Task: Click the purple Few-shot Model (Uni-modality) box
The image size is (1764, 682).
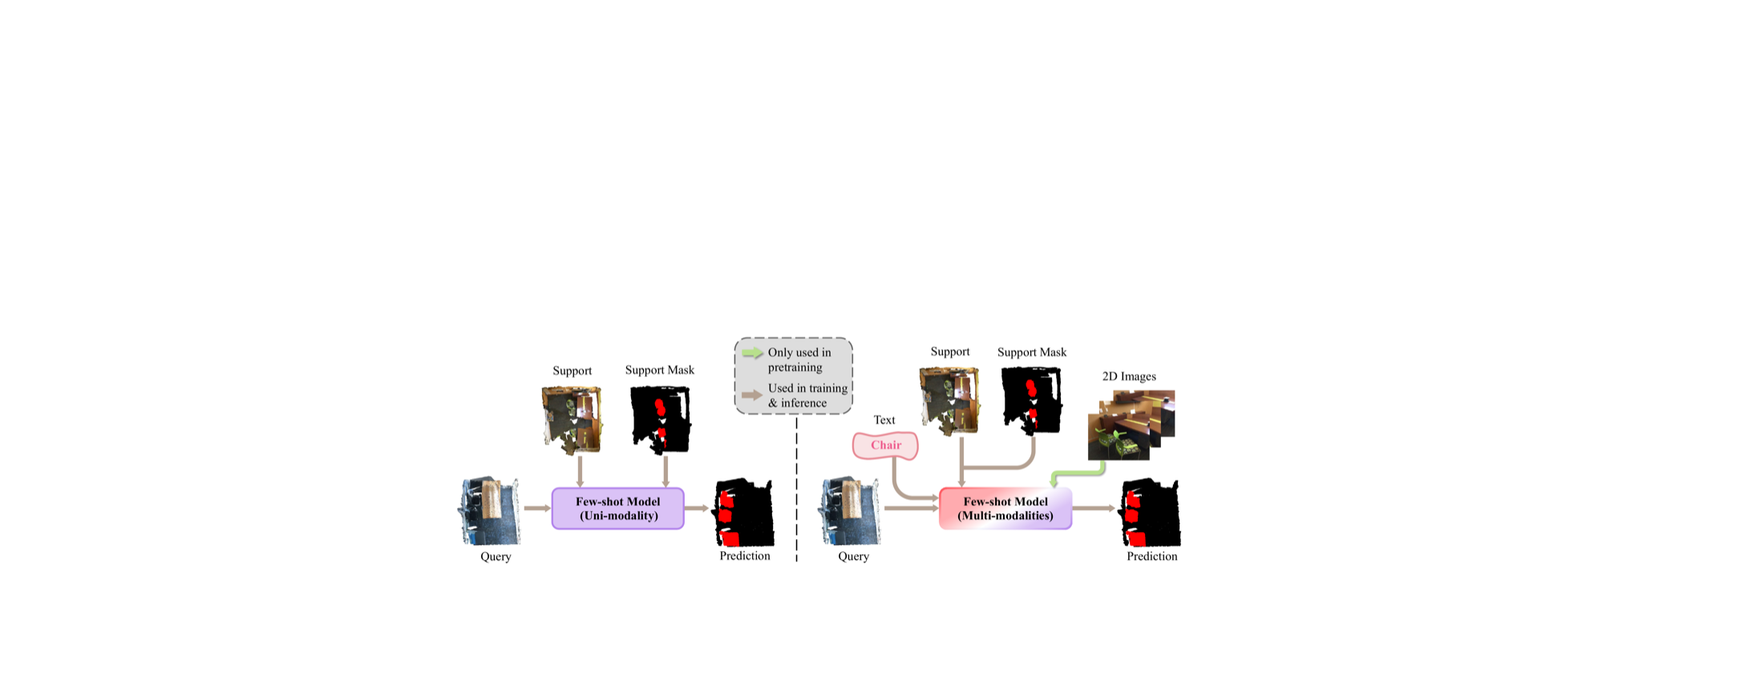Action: [617, 509]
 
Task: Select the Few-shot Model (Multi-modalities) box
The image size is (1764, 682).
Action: [1005, 509]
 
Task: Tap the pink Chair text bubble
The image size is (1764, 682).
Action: [885, 445]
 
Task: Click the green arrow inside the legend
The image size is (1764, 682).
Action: [752, 353]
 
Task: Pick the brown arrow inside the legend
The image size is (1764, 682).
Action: [752, 395]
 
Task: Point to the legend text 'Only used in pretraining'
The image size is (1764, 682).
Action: [799, 359]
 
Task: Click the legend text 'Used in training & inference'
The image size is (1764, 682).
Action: [807, 396]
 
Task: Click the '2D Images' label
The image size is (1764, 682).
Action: [1129, 376]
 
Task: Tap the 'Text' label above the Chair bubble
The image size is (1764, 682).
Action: [884, 420]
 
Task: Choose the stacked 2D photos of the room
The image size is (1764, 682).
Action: [1131, 425]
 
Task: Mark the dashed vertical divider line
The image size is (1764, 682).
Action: [796, 488]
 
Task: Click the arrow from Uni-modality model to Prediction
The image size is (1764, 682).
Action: [697, 508]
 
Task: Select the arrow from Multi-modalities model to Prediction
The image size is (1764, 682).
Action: [1094, 508]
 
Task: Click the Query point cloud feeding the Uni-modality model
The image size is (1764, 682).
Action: [490, 511]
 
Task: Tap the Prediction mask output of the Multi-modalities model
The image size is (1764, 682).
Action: [1151, 512]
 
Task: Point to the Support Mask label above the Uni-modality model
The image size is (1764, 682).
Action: [660, 370]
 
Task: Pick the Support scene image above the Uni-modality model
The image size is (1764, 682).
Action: [572, 420]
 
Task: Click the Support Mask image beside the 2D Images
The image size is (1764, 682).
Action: [1032, 401]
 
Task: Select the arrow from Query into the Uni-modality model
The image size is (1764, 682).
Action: [537, 508]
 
